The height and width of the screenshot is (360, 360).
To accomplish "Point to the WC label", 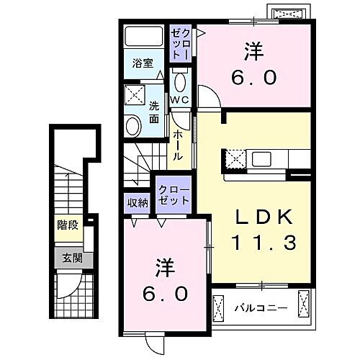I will coord(179,99).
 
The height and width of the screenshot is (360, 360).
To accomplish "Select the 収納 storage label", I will coord(138,202).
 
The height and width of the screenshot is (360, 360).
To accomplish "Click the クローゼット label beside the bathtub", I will coord(180,43).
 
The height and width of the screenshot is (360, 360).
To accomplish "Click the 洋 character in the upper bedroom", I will coord(252,53).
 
